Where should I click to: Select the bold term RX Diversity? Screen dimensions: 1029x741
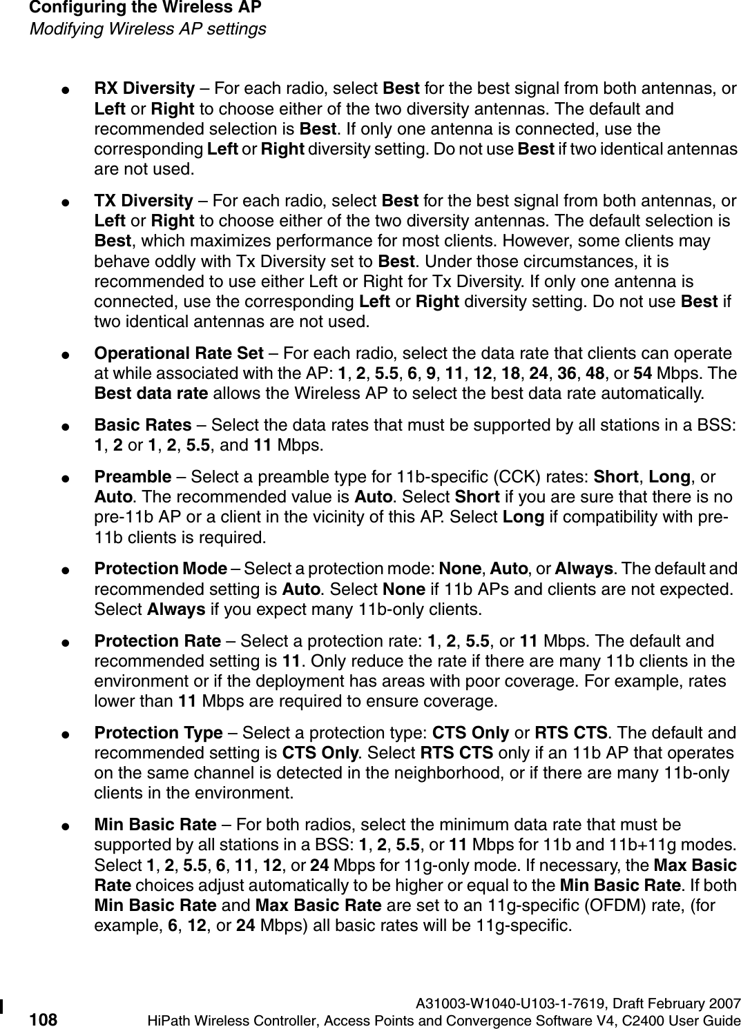[x=144, y=89]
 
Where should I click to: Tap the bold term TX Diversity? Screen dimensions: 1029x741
[x=143, y=201]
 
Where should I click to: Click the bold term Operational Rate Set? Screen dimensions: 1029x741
[x=178, y=354]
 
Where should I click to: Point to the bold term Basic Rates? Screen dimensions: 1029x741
[x=142, y=424]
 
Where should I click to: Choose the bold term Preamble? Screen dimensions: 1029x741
[x=133, y=476]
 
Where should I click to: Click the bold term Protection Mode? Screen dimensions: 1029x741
[x=160, y=569]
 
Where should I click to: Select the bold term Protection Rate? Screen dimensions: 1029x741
[x=157, y=641]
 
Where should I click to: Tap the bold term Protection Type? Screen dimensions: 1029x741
[x=158, y=732]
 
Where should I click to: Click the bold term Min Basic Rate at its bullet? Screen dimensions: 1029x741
[x=155, y=824]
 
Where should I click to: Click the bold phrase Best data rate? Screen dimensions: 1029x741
[x=151, y=394]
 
